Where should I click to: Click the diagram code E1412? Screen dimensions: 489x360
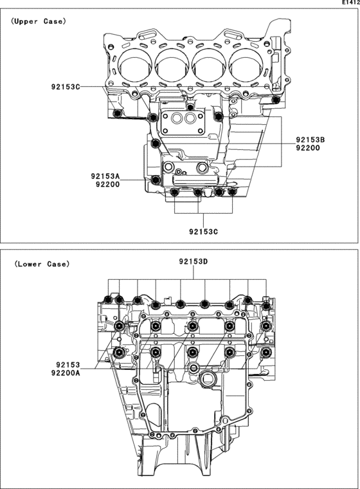point(350,3)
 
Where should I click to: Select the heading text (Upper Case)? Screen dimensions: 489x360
point(37,21)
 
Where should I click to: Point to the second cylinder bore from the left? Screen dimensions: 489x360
point(171,66)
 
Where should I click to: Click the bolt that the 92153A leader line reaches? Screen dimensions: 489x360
point(155,179)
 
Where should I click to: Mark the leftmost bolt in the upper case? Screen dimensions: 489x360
point(116,114)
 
